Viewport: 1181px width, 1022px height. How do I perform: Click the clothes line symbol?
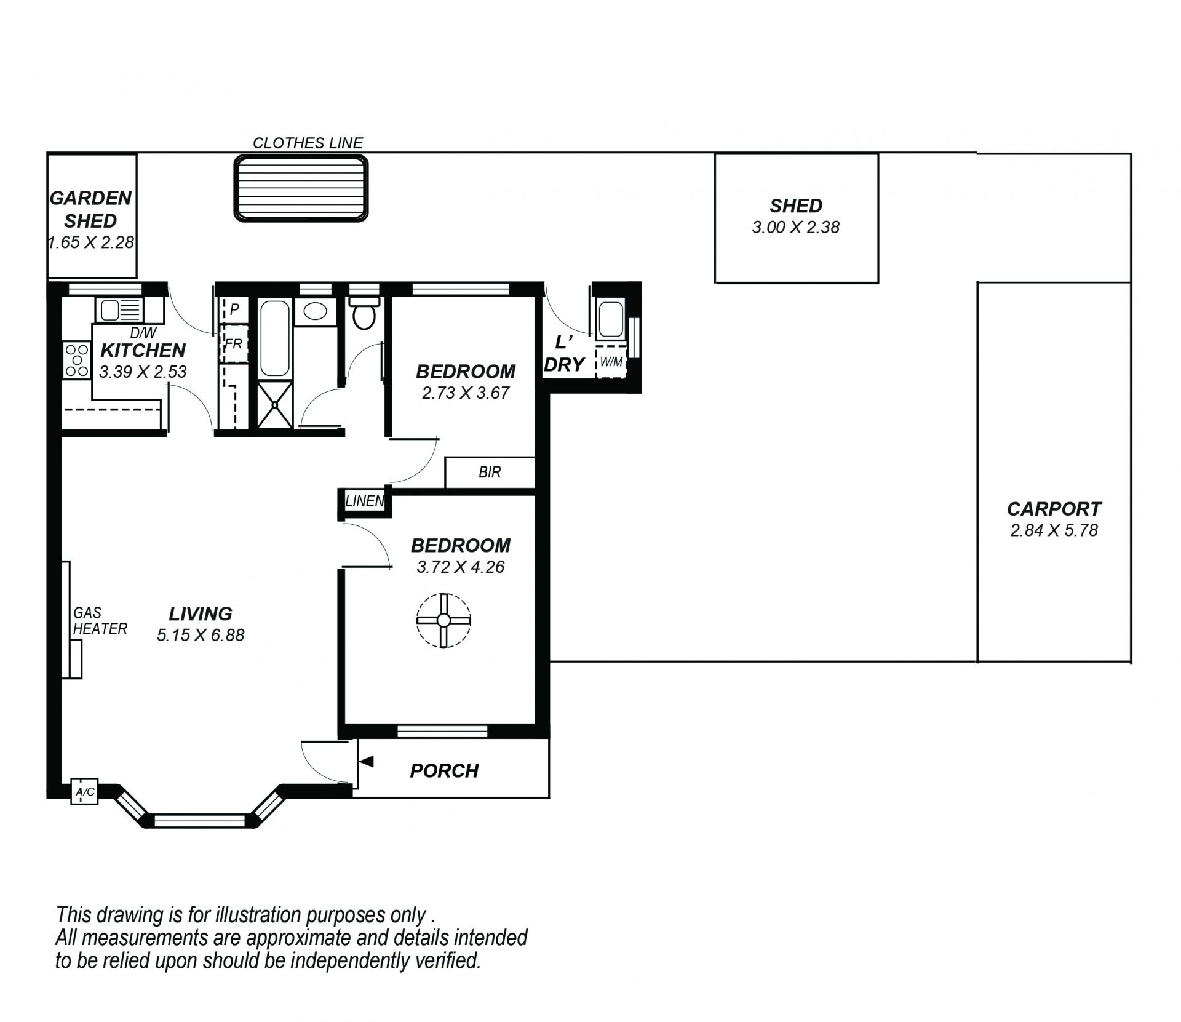(301, 188)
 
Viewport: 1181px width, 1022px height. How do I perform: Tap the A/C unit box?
(84, 792)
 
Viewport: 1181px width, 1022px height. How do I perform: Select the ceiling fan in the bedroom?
(443, 620)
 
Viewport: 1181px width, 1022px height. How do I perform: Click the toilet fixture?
(364, 313)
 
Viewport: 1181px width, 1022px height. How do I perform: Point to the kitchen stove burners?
(76, 360)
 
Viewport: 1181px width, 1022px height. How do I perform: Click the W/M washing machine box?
(611, 362)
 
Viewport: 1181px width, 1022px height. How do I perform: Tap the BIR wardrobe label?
(490, 472)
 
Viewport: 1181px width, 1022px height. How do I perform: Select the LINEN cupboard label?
(365, 501)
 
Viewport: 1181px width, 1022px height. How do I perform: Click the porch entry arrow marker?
(366, 762)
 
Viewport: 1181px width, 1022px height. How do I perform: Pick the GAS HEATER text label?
(100, 621)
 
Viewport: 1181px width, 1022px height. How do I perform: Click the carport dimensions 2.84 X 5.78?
(1054, 530)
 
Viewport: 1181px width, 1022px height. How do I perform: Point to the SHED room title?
(796, 206)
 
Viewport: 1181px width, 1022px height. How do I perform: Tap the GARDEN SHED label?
(90, 209)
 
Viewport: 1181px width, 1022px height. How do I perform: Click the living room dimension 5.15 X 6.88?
(201, 635)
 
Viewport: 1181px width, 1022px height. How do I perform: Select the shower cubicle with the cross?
(274, 404)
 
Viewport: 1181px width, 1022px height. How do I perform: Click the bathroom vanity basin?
(316, 311)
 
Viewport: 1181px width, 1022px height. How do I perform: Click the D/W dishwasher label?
(144, 333)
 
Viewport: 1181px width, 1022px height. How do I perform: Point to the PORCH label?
(444, 771)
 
